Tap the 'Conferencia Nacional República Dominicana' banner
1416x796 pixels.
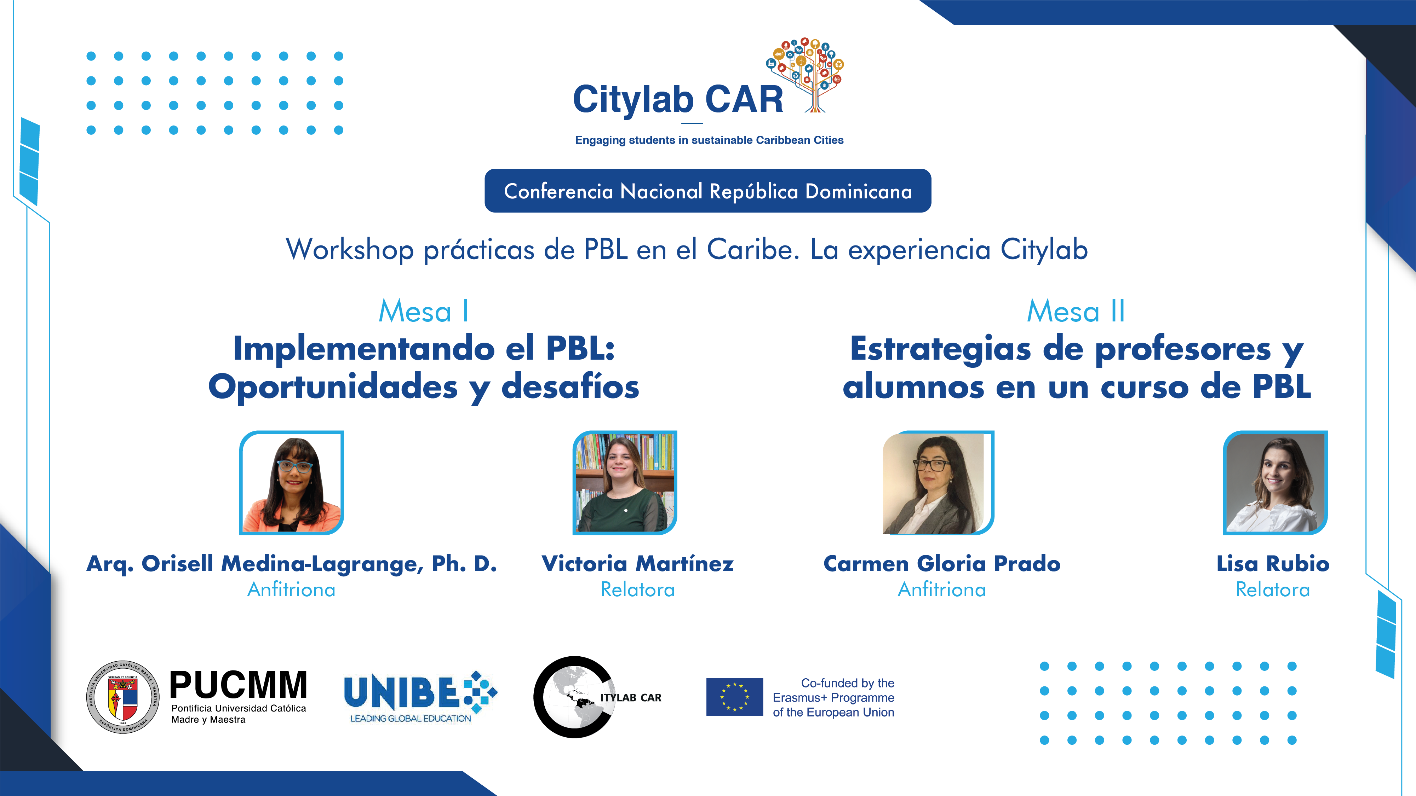pyautogui.click(x=707, y=191)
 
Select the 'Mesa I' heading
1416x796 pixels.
pyautogui.click(x=423, y=312)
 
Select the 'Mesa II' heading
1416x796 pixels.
pyautogui.click(x=1076, y=312)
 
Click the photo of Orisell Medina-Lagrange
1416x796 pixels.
pyautogui.click(x=291, y=482)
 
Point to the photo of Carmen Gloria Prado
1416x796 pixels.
pyautogui.click(x=938, y=482)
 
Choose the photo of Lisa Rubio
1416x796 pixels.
pyautogui.click(x=1275, y=482)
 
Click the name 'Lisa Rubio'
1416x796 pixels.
pyautogui.click(x=1273, y=564)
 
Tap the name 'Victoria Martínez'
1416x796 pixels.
pyautogui.click(x=638, y=564)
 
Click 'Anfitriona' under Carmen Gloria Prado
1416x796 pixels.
pyautogui.click(x=942, y=589)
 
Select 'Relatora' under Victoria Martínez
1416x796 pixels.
pyautogui.click(x=638, y=589)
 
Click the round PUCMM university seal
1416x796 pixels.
pyautogui.click(x=123, y=697)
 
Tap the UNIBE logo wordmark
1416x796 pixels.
pyautogui.click(x=401, y=692)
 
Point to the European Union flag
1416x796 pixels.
pyautogui.click(x=734, y=697)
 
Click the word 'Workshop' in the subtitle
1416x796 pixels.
pyautogui.click(x=350, y=250)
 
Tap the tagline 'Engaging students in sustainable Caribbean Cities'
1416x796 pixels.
pyautogui.click(x=709, y=140)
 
